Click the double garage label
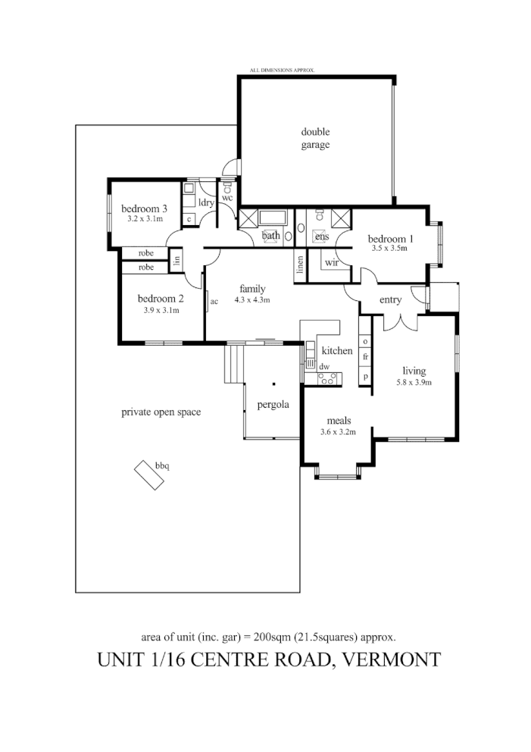(315, 138)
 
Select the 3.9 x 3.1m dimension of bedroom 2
(161, 310)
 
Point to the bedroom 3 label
(144, 208)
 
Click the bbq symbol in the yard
(149, 476)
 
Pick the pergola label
(273, 404)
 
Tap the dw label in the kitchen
(324, 367)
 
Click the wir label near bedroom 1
(331, 262)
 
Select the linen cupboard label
(301, 265)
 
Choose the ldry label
(207, 202)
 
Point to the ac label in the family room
(214, 301)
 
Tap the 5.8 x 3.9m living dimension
(414, 382)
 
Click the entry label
(390, 300)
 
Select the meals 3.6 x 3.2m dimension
(337, 432)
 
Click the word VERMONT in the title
(392, 659)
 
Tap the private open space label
(161, 412)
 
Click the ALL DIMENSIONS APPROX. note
(282, 70)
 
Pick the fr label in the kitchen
(365, 356)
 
